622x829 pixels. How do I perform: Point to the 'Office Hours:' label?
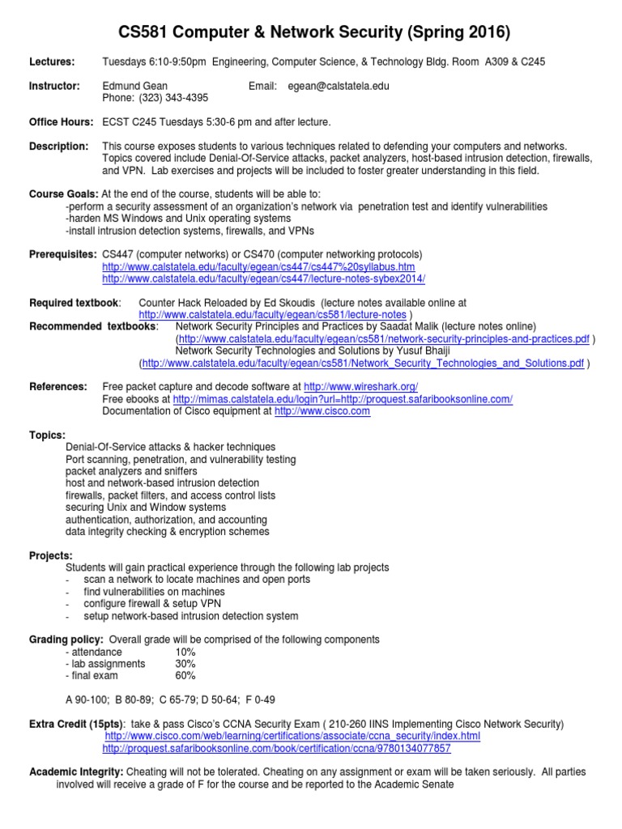(62, 122)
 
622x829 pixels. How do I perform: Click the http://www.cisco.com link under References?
(322, 411)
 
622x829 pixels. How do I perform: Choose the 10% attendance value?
(185, 652)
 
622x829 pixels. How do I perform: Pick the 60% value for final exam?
(185, 676)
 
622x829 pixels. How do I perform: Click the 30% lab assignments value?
(185, 664)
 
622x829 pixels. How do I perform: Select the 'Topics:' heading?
(48, 435)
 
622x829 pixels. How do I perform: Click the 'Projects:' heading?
(51, 555)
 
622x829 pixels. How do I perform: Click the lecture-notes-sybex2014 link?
(263, 278)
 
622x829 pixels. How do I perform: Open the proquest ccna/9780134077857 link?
(276, 748)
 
